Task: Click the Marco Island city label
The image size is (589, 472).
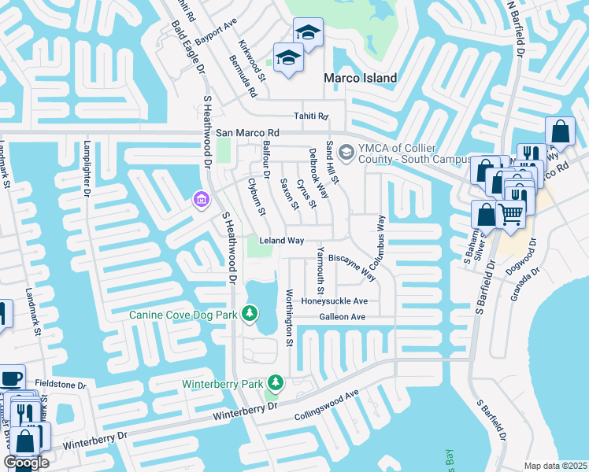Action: coord(361,78)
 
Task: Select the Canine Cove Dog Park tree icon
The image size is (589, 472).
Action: coord(250,315)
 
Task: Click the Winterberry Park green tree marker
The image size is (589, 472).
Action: coord(275,383)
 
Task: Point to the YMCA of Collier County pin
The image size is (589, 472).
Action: coord(345,151)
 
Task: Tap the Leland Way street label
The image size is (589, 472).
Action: coord(281,241)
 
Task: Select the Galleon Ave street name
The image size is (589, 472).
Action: coord(342,317)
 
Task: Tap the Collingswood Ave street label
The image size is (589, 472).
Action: coord(326,406)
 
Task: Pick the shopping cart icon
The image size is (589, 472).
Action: coord(510,212)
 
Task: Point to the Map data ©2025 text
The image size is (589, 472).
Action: coord(556,466)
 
